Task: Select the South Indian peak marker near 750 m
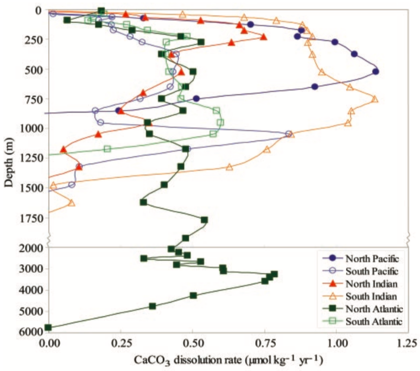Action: coord(375,99)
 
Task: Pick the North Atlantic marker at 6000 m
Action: coord(48,327)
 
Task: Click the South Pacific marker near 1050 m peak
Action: coord(289,134)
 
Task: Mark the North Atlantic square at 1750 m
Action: coord(204,220)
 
